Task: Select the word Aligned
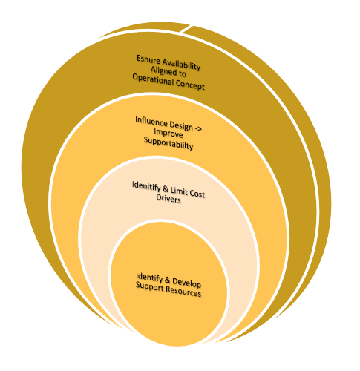[x=162, y=70]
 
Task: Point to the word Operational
[x=153, y=79]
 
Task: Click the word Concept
[x=190, y=85]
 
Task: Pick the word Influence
[x=151, y=122]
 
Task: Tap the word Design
[x=181, y=125]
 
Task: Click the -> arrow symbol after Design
[x=198, y=128]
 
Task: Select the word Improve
[x=168, y=133]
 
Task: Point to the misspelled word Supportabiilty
[x=168, y=143]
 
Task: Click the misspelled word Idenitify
[x=146, y=186]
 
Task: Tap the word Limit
[x=179, y=191]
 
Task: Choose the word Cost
[x=197, y=194]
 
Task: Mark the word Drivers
[x=168, y=199]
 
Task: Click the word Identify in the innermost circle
[x=149, y=278]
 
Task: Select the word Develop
[x=186, y=283]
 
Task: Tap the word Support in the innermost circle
[x=150, y=286]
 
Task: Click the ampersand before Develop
[x=168, y=280]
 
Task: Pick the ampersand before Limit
[x=166, y=189]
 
